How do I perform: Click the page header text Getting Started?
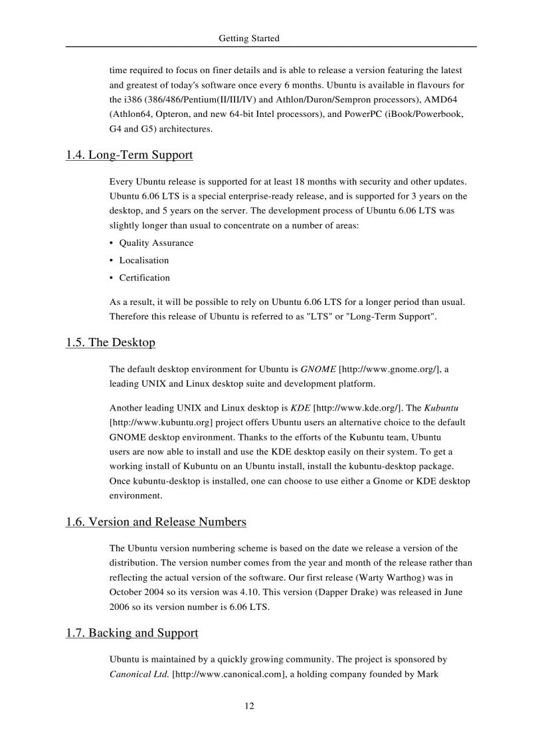pyautogui.click(x=249, y=39)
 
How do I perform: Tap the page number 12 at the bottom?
pyautogui.click(x=249, y=705)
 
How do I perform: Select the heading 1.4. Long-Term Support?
pyautogui.click(x=130, y=155)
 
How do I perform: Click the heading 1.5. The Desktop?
pyautogui.click(x=110, y=343)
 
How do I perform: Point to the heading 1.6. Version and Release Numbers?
pyautogui.click(x=156, y=522)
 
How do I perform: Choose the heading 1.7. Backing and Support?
pyautogui.click(x=132, y=633)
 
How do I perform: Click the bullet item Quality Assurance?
pyautogui.click(x=156, y=243)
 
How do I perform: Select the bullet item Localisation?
pyautogui.click(x=144, y=260)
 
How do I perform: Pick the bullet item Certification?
pyautogui.click(x=144, y=278)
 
